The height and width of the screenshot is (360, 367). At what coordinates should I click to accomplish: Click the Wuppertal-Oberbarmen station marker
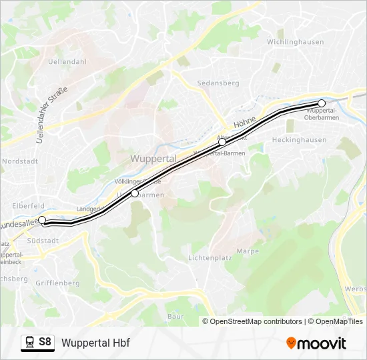coord(322,103)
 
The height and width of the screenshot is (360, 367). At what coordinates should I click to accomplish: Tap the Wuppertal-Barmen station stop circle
coord(222,142)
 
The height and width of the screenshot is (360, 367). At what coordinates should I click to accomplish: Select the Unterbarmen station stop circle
coord(135,193)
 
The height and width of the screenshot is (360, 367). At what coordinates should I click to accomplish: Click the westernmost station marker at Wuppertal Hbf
coord(42,219)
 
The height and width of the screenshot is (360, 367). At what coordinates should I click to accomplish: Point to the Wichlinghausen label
coord(295,42)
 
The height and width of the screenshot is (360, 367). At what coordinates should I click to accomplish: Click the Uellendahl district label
coord(68,61)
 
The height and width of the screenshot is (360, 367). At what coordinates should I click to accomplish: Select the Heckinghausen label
coord(299,140)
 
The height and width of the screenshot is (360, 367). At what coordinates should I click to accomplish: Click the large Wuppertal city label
coord(153,159)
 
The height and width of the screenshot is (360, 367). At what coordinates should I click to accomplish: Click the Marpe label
coord(248,251)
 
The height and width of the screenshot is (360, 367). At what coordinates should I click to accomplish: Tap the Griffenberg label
coord(57,283)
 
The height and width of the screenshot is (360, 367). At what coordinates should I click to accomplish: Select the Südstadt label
coord(44,240)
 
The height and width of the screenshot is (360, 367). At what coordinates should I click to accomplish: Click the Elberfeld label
coord(28,206)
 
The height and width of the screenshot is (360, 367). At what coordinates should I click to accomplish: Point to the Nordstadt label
coord(21,161)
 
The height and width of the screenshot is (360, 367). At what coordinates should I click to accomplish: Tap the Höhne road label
coord(245,122)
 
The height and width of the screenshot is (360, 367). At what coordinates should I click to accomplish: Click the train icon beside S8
coord(29,343)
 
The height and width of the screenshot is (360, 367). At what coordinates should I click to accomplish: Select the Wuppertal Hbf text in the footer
coord(95,343)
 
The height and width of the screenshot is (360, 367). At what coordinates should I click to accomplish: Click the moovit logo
coord(316,343)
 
